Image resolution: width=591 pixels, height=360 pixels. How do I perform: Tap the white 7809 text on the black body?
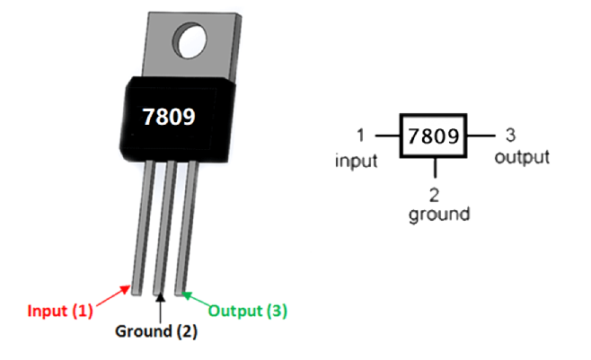168,117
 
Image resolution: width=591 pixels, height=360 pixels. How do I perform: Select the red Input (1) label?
60,312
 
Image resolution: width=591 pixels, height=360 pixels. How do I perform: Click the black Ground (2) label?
155,330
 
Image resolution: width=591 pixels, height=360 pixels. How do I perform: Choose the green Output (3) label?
248,312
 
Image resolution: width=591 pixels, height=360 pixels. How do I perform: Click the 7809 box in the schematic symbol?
433,136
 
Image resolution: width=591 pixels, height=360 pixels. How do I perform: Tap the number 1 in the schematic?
359,136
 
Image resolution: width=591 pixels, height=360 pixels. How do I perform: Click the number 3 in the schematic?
510,136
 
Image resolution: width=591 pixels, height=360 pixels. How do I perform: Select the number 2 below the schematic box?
435,196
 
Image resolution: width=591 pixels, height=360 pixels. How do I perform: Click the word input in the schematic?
355,161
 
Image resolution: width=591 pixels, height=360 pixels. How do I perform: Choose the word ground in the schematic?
438,215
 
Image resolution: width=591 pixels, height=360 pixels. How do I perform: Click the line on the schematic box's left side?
387,136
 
